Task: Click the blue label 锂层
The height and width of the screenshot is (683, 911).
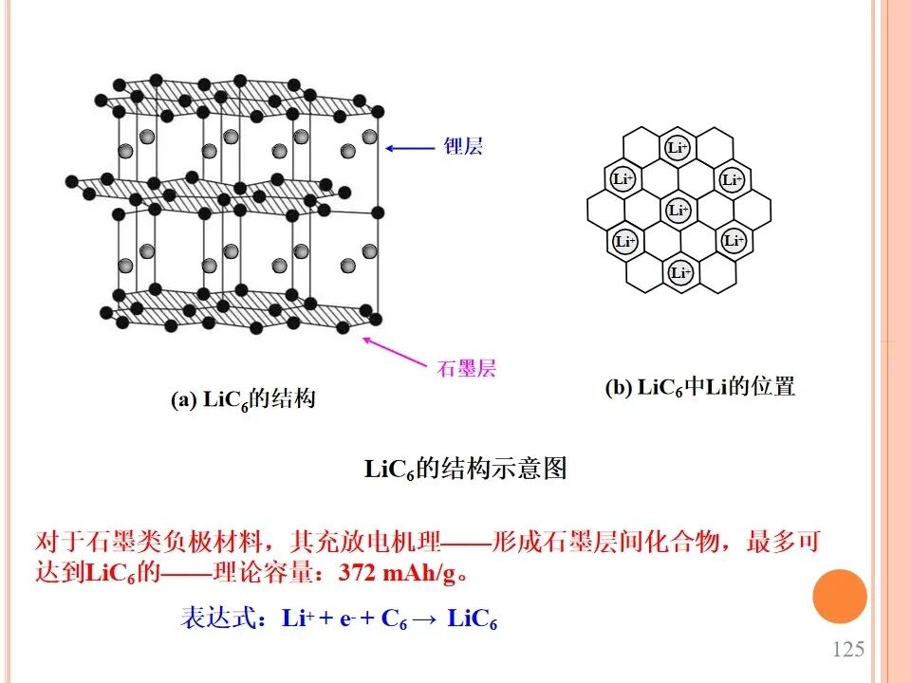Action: point(464,146)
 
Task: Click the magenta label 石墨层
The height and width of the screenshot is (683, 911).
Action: point(467,368)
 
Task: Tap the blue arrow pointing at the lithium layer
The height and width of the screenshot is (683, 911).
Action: point(410,148)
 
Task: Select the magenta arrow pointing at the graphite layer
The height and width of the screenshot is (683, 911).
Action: point(395,352)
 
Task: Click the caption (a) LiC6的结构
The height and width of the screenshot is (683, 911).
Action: point(244,399)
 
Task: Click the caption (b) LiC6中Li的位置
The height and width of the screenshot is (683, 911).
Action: point(700,387)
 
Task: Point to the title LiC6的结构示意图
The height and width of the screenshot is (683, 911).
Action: point(465,468)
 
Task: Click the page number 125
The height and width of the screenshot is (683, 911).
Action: point(848,649)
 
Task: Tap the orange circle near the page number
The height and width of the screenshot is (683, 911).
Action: point(840,597)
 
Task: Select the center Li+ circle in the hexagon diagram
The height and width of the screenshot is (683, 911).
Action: point(678,210)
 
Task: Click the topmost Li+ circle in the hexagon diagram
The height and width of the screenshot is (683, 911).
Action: point(677,148)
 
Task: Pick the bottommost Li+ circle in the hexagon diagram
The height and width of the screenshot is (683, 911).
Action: point(680,272)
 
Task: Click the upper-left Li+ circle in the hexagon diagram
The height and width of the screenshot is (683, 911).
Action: point(623,178)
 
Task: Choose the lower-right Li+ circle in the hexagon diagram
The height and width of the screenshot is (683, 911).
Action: point(734,239)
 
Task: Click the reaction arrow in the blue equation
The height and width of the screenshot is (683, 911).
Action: point(425,619)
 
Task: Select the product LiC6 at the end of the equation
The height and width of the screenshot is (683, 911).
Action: point(472,618)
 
